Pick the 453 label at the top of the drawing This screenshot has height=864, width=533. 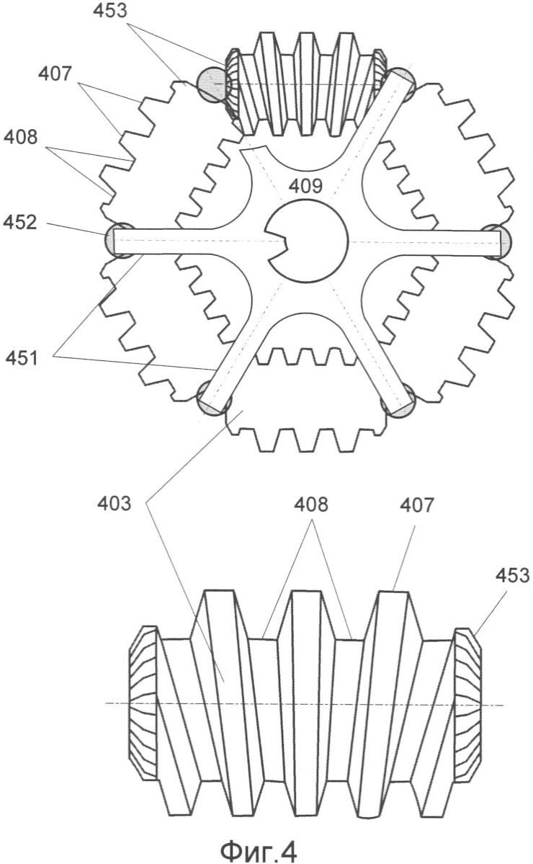click(x=109, y=11)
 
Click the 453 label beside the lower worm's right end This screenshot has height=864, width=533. click(x=512, y=575)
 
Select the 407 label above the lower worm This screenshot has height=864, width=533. click(x=417, y=504)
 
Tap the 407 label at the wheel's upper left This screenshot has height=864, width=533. click(x=55, y=73)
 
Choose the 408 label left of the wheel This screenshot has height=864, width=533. click(x=20, y=136)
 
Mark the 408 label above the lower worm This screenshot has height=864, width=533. click(x=310, y=504)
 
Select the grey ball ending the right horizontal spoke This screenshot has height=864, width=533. click(x=499, y=241)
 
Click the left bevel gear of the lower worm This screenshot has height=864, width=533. click(x=144, y=703)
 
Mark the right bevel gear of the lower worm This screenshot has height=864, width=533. click(x=467, y=704)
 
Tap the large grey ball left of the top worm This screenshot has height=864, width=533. click(x=212, y=84)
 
